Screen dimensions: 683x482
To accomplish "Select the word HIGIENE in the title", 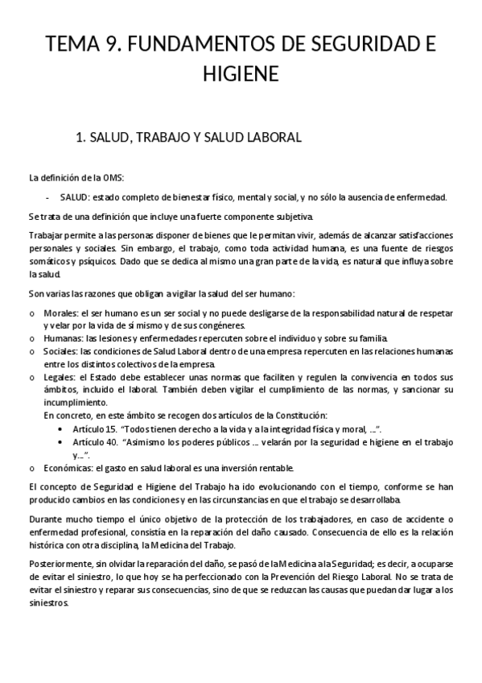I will pos(241,74).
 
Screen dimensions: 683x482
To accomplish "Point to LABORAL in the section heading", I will pos(273,138).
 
